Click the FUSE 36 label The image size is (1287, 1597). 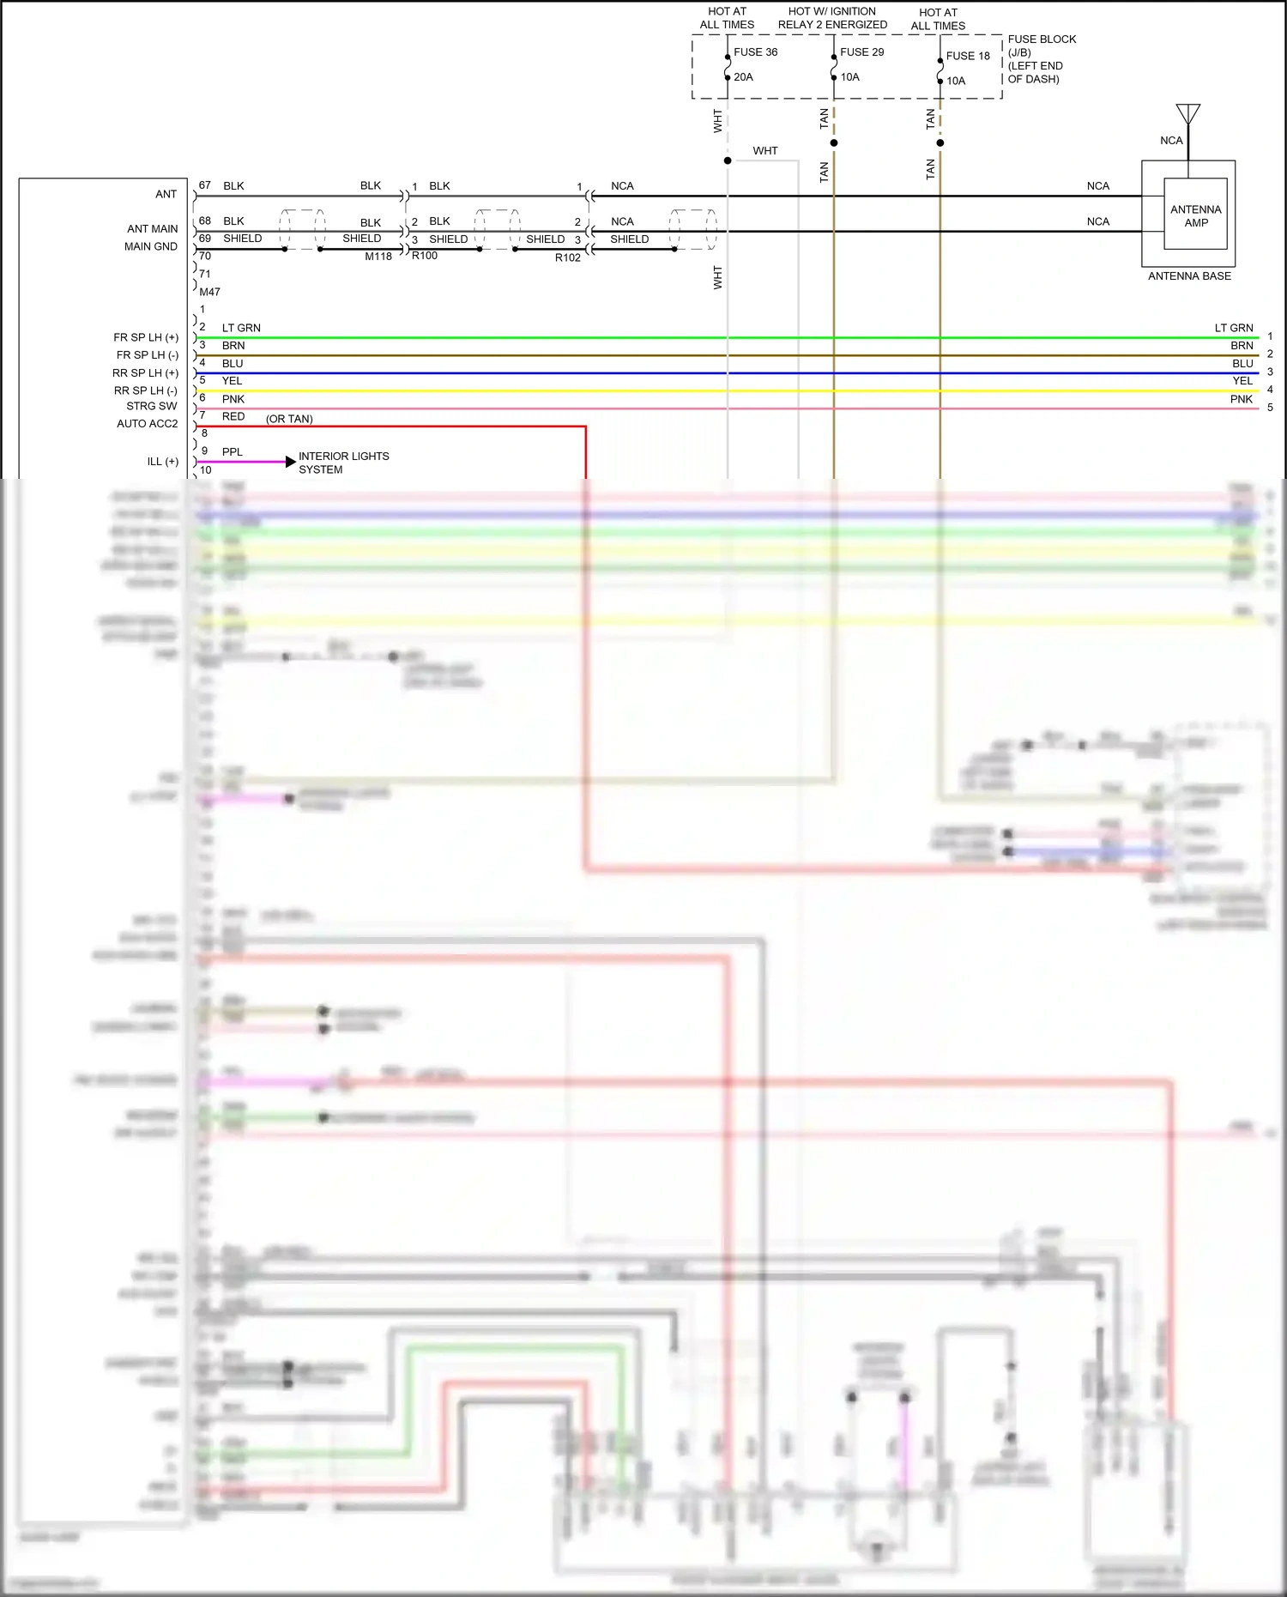coord(755,52)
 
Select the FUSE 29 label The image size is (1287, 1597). coord(861,52)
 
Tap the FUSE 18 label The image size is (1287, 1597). coord(968,56)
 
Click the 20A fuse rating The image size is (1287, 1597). coord(743,77)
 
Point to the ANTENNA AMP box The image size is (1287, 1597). coord(1195,215)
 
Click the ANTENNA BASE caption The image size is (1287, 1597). coord(1189,276)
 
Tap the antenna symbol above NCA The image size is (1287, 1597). coord(1188,115)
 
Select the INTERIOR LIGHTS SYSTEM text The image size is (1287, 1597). coord(343,463)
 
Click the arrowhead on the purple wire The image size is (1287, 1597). coord(290,462)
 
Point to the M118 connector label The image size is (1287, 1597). coord(378,257)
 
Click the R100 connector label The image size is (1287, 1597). coord(425,256)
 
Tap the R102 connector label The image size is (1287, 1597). coord(568,257)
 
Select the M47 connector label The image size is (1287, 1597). coord(209,292)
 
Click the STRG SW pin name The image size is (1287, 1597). coord(152,406)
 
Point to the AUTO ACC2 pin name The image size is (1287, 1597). coord(148,424)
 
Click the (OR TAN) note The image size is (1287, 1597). coord(289,419)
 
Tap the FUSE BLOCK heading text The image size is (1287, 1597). coord(1042,39)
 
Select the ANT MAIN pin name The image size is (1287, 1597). coord(153,229)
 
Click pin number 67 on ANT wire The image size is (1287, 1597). coord(204,185)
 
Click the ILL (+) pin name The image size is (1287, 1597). coord(163,462)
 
